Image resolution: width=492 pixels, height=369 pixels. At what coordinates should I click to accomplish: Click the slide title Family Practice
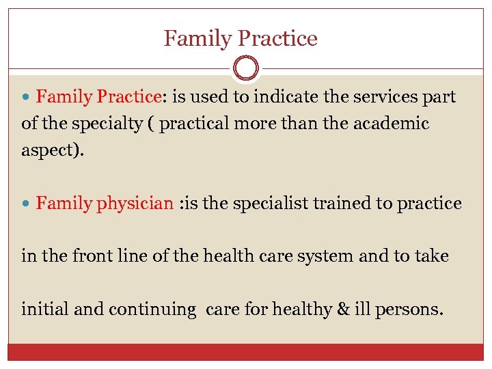(x=241, y=38)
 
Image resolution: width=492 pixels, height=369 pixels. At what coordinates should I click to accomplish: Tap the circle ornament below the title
(x=246, y=69)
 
